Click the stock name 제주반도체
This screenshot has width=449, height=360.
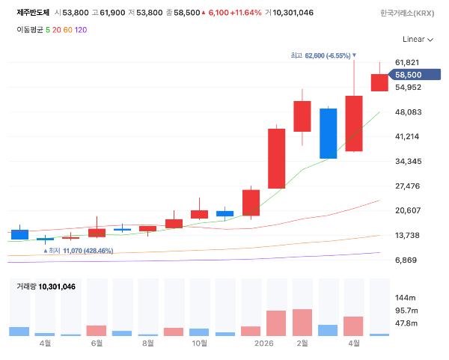tap(33, 13)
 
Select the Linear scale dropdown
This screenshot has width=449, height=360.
tap(418, 39)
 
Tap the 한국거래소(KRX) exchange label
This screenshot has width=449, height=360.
tap(407, 13)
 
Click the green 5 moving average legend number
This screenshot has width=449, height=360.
tap(48, 30)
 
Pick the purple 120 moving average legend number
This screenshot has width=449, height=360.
tap(81, 30)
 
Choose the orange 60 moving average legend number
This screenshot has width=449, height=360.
tap(67, 30)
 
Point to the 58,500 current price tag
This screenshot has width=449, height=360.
tap(414, 75)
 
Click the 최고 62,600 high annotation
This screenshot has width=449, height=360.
tap(323, 55)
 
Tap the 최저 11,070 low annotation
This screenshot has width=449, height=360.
tap(78, 251)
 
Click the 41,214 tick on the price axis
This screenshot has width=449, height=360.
tap(407, 136)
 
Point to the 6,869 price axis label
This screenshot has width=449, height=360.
tap(406, 260)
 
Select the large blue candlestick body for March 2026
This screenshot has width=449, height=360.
tap(329, 133)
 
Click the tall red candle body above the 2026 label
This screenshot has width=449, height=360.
tap(276, 159)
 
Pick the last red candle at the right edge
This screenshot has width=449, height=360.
tap(379, 83)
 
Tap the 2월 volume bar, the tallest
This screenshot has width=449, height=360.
tap(302, 323)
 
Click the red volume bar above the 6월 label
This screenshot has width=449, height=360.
tap(97, 331)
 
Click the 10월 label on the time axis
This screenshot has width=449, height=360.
tap(200, 343)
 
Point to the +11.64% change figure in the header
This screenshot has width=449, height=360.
tap(245, 13)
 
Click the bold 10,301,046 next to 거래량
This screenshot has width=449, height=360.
tap(57, 287)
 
